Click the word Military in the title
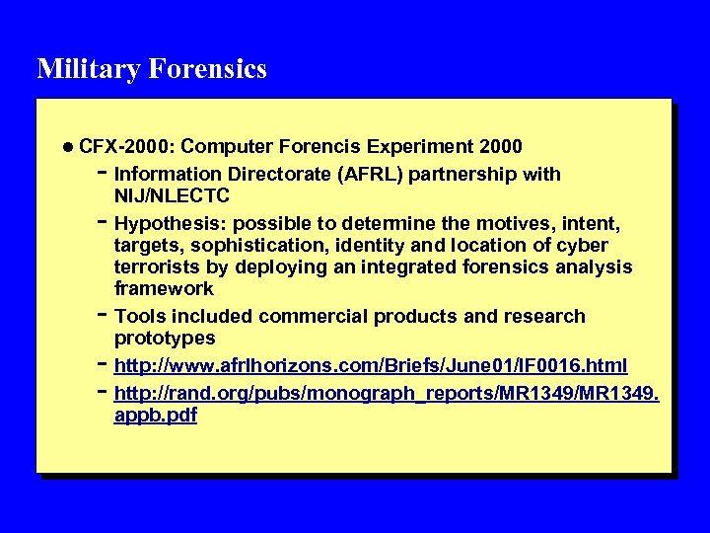pos(89,69)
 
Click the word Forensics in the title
pos(208,69)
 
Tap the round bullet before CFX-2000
pos(66,147)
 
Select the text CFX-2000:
pos(126,147)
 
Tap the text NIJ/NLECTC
pos(172,196)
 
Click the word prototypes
pos(165,338)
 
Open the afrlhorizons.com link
pos(371,366)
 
